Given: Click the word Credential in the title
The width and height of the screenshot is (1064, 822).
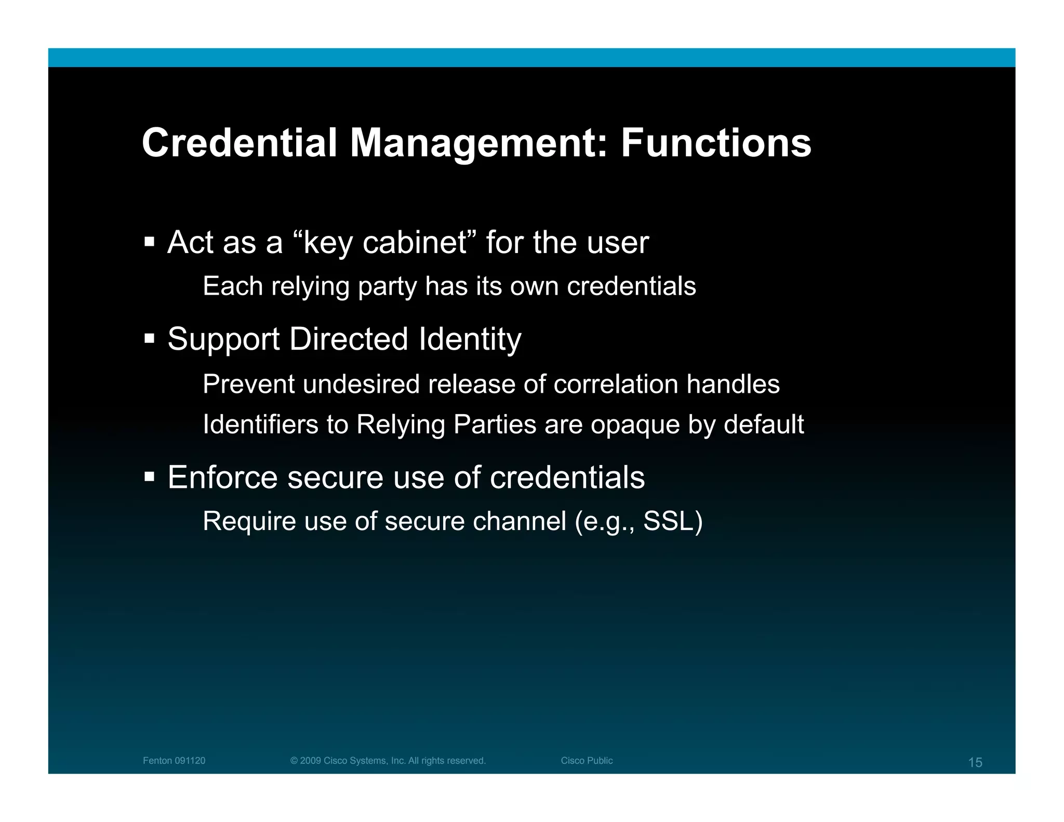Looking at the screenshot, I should tap(240, 143).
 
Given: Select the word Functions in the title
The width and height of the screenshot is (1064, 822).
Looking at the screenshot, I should tap(716, 143).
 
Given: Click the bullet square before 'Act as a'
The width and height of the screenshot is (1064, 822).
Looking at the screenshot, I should tap(150, 242).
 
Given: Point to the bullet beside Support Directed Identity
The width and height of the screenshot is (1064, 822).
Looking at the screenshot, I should tap(150, 339).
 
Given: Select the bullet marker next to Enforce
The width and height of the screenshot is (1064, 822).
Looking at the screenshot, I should tap(150, 476).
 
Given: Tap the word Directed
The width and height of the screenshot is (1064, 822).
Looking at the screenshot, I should tap(349, 339).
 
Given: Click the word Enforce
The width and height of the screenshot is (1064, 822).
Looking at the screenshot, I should tap(223, 477).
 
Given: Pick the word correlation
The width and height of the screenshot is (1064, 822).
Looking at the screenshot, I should tap(616, 385).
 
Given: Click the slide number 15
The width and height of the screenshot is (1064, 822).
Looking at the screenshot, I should tap(975, 762).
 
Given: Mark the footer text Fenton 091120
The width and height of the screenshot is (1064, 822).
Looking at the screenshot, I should tap(174, 761).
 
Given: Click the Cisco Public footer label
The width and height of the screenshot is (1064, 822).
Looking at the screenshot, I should tap(587, 761).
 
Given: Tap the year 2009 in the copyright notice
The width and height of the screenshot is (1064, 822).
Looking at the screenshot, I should tap(311, 761).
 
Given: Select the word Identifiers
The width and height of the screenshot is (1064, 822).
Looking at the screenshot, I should tap(260, 425).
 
